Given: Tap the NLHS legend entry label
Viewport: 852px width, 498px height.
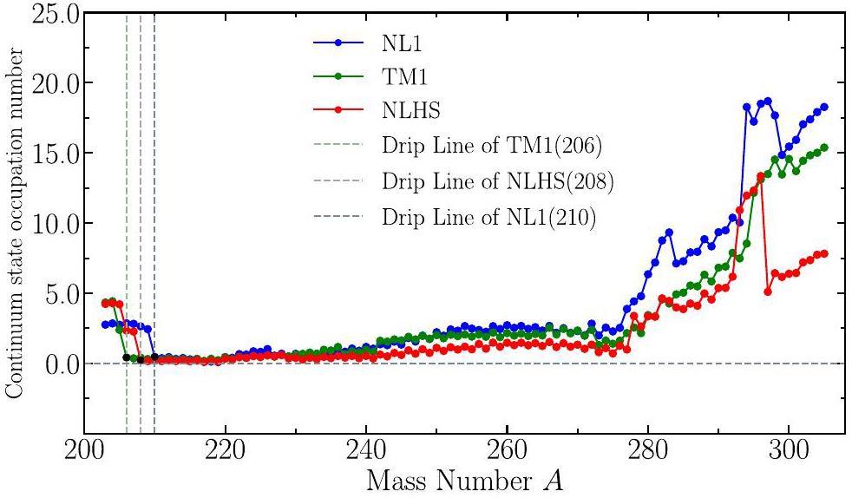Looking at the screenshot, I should click(x=410, y=110).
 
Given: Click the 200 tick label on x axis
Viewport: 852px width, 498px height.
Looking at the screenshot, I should click(x=84, y=455).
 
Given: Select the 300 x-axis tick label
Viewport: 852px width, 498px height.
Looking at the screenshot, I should click(x=788, y=455).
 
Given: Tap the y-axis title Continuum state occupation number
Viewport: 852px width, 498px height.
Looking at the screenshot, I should click(x=14, y=223).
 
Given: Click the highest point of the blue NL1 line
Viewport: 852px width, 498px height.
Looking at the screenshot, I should click(x=767, y=101).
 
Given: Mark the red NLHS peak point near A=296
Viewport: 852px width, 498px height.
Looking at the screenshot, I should click(x=760, y=176).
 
